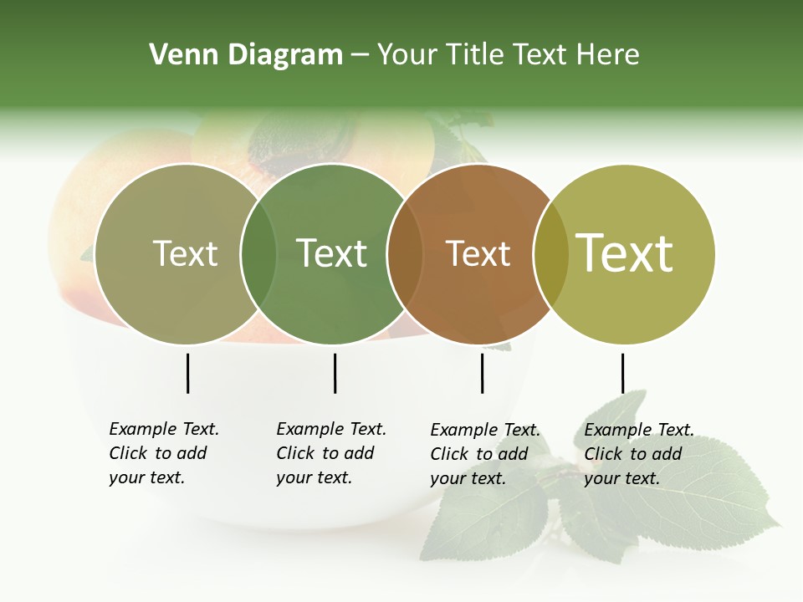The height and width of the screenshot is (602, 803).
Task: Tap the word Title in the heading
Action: click(x=477, y=55)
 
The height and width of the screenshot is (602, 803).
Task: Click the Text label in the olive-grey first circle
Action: click(x=185, y=253)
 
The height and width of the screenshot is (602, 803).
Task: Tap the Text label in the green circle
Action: click(x=332, y=253)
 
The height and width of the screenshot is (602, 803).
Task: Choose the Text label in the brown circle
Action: click(x=478, y=253)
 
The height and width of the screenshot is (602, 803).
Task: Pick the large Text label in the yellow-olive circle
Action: click(x=625, y=253)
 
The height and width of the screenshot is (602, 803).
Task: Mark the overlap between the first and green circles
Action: click(x=258, y=254)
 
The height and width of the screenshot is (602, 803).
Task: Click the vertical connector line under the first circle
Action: click(x=187, y=373)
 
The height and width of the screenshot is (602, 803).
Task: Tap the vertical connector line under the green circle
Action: click(x=335, y=373)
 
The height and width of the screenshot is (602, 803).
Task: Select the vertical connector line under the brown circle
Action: click(x=482, y=373)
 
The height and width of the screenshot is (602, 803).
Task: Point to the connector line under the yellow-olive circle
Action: click(x=622, y=373)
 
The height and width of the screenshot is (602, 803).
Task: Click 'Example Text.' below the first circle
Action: click(x=164, y=429)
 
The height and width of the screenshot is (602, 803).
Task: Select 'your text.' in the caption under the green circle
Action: click(x=314, y=478)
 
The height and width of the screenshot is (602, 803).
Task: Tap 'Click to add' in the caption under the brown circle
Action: click(x=479, y=454)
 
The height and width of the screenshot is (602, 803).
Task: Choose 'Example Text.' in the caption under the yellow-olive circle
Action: click(x=639, y=430)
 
